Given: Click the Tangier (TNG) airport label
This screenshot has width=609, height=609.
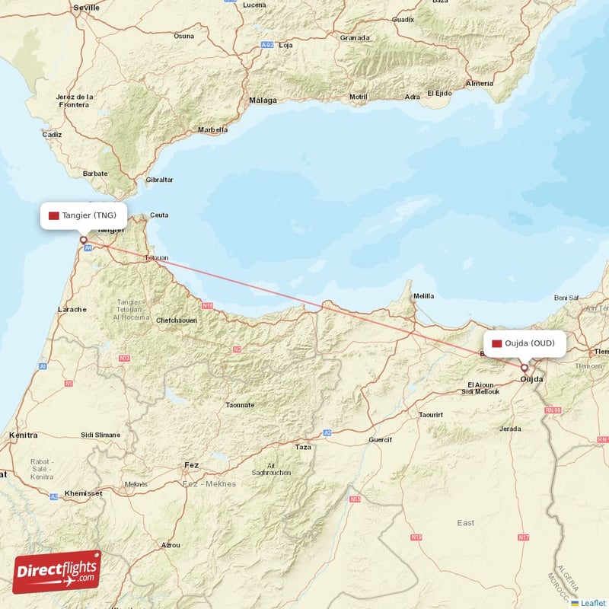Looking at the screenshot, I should point(84,215).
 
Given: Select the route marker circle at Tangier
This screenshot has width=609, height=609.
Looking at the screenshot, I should point(84,241).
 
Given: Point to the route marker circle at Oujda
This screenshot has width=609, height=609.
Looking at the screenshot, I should point(524,368).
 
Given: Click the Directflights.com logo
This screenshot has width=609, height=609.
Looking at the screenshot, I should point(57,572).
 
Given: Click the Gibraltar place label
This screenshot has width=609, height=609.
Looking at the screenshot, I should point(159,180).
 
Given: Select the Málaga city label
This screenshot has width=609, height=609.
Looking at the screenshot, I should point(263,100).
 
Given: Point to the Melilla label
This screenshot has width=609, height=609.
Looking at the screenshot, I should point(423,295).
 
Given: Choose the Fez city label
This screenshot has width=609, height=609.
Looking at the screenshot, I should point(191,464).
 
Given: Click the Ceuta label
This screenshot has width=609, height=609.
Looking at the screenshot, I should point(159,215).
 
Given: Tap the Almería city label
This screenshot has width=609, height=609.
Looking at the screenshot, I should point(480,82).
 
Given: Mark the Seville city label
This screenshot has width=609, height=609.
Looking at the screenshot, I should point(86,7).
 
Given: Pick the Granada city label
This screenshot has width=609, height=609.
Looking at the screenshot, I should point(355,37).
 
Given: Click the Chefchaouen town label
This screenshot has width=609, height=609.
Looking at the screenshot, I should point(177,320).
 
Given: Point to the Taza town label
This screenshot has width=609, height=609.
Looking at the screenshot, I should point(303,447).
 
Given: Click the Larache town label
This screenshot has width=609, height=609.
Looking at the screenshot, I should point(72,309).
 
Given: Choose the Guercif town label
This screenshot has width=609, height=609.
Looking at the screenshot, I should point(379,439).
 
